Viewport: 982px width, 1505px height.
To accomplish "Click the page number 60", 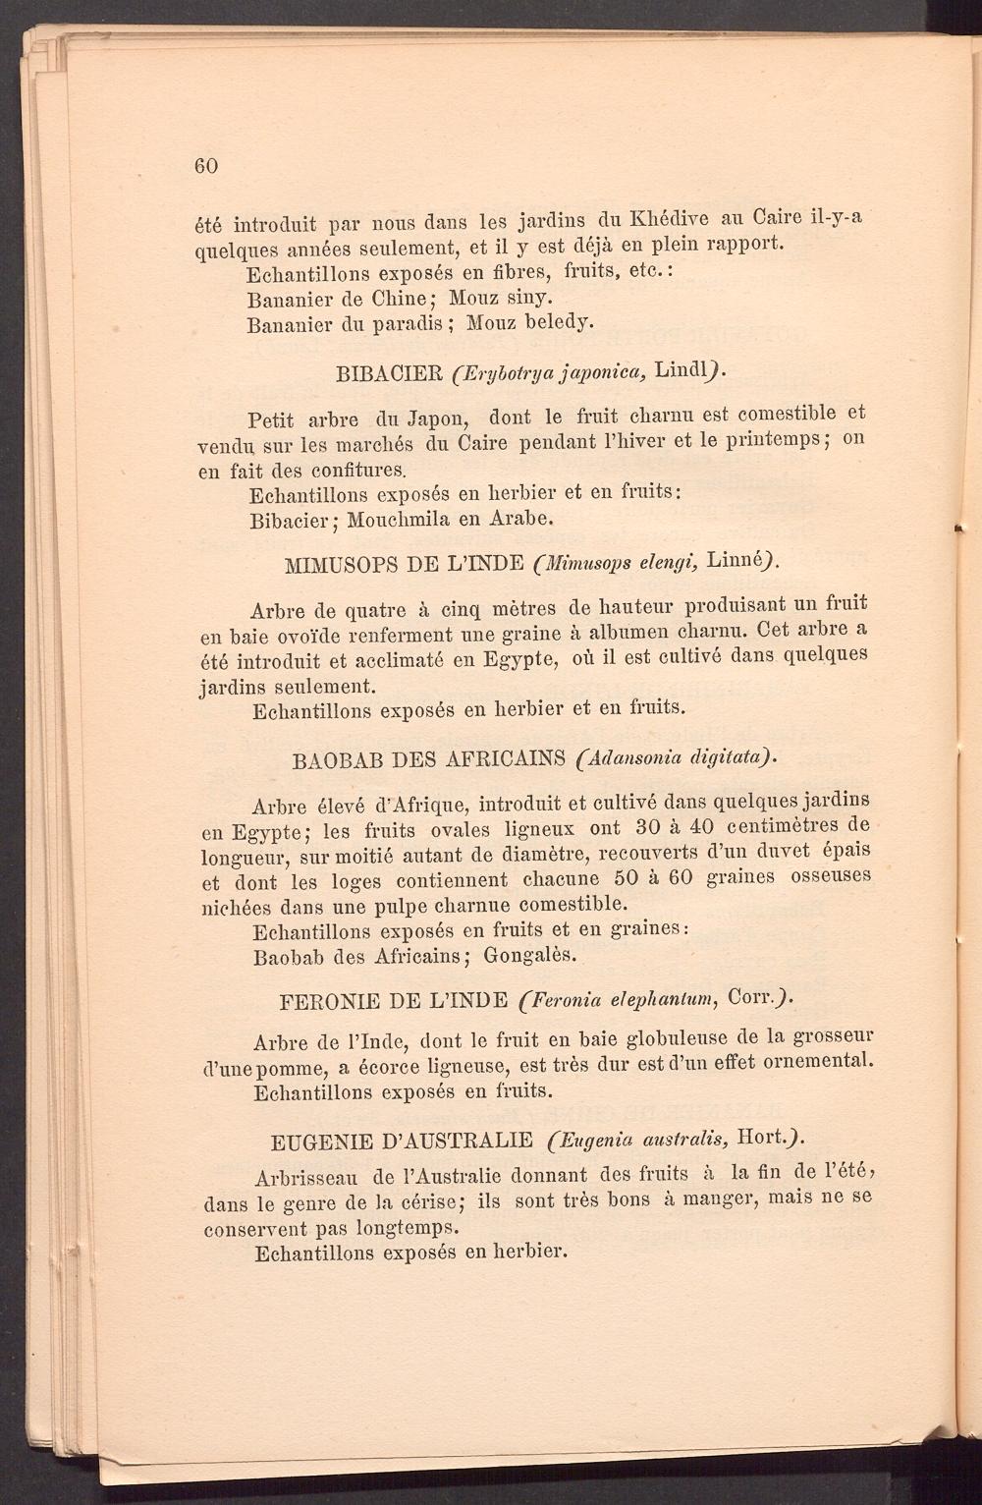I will pos(205,165).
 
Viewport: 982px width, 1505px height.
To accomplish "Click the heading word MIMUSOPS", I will pos(340,566).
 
